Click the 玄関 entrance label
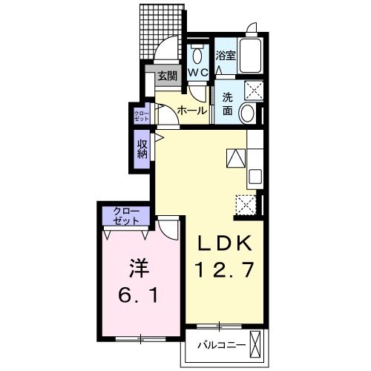168,76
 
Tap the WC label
198,73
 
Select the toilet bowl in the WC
197,54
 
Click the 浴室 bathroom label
226,56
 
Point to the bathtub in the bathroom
250,56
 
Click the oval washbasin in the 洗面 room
248,114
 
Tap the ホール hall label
192,111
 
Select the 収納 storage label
142,148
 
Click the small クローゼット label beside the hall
142,116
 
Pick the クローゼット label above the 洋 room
126,216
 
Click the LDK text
224,243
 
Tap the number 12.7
224,269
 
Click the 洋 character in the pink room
139,268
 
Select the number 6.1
138,296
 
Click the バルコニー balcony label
222,345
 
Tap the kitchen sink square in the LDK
255,177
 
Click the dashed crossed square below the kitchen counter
246,205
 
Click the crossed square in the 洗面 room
254,91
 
